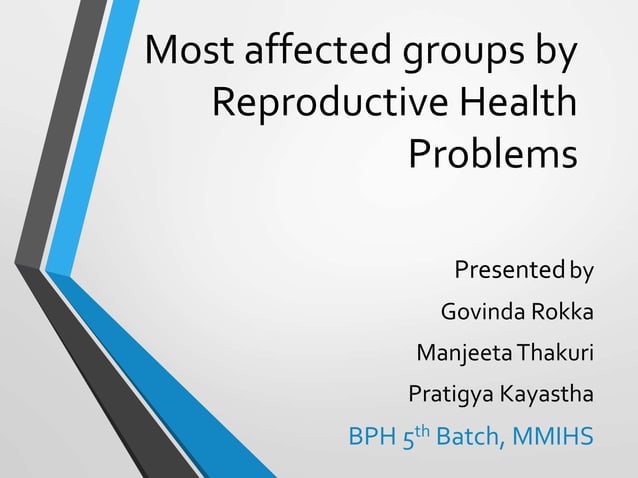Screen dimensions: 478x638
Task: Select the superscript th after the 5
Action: point(432,431)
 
